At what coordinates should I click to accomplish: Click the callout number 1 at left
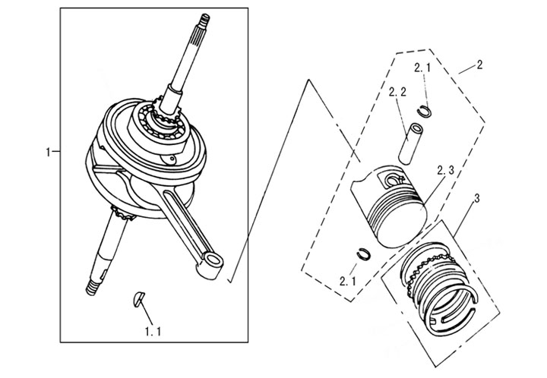tap(48, 153)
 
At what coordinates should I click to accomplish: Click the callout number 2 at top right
tap(479, 65)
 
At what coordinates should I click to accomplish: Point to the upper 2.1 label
tap(423, 68)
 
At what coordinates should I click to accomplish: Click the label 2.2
tap(397, 92)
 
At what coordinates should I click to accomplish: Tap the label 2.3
tap(446, 171)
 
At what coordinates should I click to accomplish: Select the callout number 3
tap(475, 200)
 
